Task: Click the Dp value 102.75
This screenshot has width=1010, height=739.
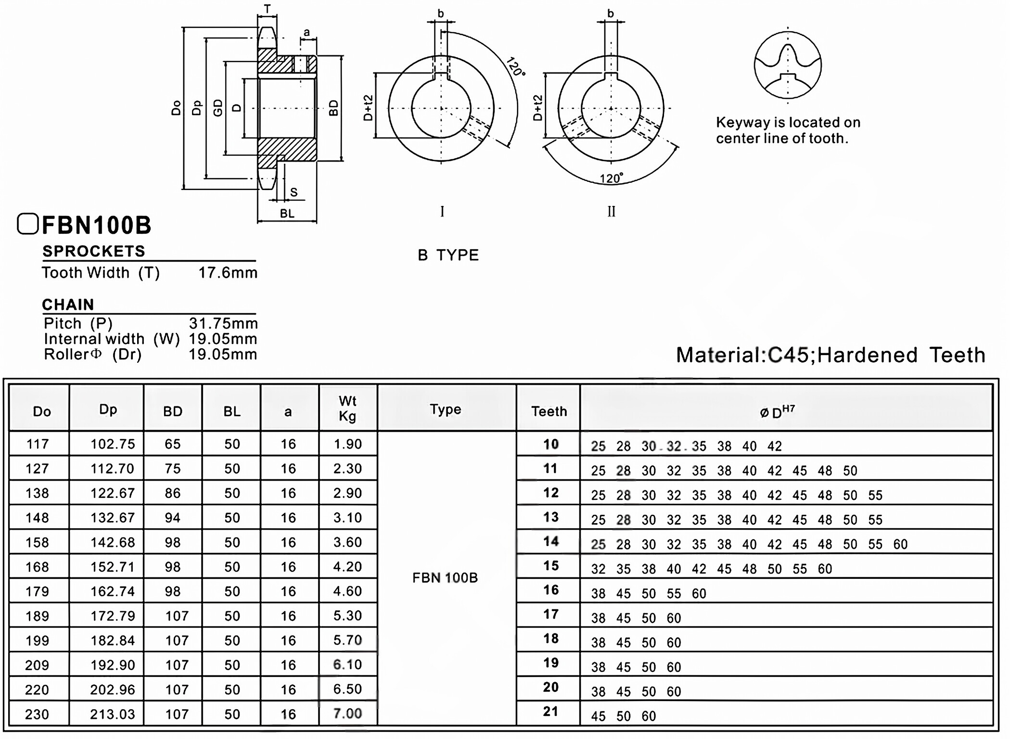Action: point(113,444)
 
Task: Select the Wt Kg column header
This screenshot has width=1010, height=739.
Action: point(347,408)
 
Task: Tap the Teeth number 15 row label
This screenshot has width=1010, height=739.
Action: point(550,566)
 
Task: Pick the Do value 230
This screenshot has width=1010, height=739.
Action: point(37,714)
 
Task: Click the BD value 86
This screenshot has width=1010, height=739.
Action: point(172,493)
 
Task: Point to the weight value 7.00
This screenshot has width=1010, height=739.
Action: point(347,713)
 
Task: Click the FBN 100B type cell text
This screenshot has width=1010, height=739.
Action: point(445,578)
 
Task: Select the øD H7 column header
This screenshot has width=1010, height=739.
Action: point(777,412)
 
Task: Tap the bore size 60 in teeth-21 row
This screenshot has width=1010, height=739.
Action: point(648,716)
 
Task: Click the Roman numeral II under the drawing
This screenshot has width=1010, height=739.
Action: point(611,212)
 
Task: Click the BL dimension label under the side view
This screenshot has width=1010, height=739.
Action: point(287,214)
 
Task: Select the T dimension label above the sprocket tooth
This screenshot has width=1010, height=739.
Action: point(267,9)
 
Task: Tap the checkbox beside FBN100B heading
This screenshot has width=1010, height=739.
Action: point(27,224)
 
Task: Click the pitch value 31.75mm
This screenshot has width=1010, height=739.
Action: point(223,323)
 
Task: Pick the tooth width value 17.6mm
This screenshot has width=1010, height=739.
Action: point(228,273)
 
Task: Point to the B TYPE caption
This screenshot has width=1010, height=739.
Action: point(448,255)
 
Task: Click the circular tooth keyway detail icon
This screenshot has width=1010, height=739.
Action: point(788,65)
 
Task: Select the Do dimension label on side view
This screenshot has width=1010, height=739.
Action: point(176,108)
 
